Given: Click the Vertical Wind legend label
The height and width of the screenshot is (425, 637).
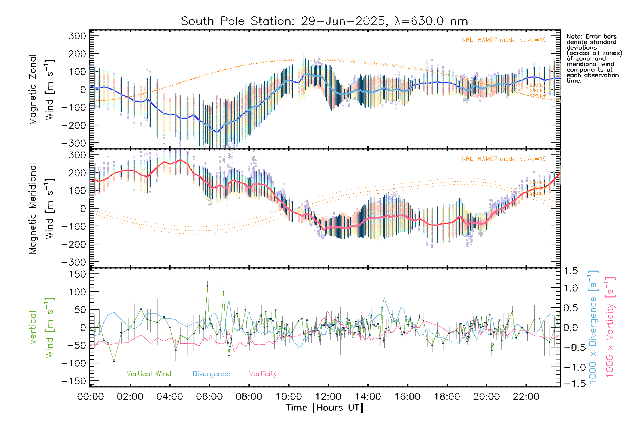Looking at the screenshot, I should [x=149, y=374].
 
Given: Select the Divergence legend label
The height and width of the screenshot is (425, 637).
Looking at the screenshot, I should [x=211, y=374].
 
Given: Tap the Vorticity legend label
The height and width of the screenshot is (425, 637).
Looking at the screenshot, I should [x=263, y=374].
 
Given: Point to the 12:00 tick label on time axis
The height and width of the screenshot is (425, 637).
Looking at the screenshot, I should [x=328, y=397].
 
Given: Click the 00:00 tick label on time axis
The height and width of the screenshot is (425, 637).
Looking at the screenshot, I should [x=91, y=397].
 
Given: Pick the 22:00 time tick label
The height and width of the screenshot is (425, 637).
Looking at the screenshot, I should [x=526, y=397].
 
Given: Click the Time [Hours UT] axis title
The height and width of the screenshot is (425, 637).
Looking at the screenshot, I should [x=325, y=408].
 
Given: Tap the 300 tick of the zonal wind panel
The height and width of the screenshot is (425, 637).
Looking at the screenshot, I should [x=77, y=36].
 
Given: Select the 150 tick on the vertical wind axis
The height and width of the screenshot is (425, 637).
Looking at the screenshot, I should [x=77, y=274].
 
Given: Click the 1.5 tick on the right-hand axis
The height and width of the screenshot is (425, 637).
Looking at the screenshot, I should [x=570, y=271].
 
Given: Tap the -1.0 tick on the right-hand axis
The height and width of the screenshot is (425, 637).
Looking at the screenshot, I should [x=570, y=367].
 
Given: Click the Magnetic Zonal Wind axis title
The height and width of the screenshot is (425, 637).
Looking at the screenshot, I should [x=41, y=89].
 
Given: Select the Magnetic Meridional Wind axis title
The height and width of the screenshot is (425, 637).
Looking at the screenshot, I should [x=41, y=208].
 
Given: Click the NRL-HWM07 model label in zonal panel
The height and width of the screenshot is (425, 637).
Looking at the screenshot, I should [x=504, y=40].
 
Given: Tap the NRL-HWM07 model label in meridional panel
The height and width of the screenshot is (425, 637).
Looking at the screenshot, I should [x=504, y=159].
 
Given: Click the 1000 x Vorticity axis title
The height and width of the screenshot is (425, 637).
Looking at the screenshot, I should [x=610, y=327].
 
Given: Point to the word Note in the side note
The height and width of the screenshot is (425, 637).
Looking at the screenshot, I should [x=574, y=37].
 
